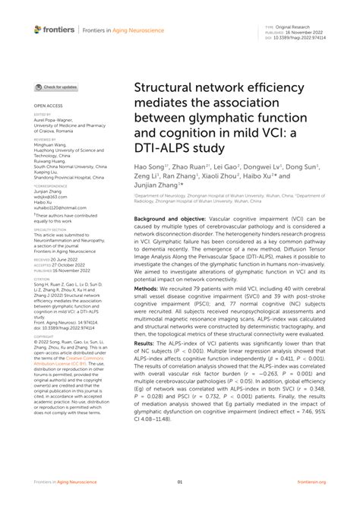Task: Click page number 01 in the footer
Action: pos(180,482)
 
